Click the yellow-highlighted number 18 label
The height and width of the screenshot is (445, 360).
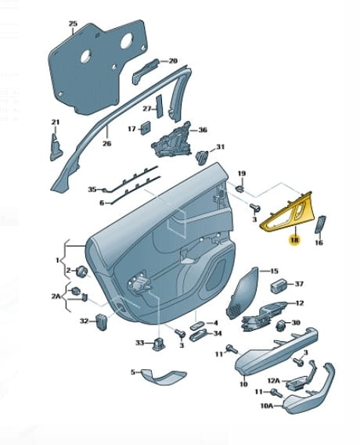coord(294,240)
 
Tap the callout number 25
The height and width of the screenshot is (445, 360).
coord(73,23)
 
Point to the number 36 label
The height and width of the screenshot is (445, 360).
coord(203,130)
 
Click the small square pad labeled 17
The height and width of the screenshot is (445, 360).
coord(146,128)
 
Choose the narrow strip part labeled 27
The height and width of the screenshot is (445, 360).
coord(160,106)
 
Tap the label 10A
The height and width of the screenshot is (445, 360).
coord(267,406)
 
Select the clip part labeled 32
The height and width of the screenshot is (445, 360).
coord(102,322)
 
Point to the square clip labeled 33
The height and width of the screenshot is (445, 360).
coord(157,344)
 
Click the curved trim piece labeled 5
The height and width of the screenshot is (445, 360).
coord(164,377)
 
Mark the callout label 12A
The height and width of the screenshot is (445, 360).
coord(274,380)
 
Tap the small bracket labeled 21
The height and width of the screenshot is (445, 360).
coord(56,147)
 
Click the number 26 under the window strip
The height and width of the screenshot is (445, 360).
coord(106,144)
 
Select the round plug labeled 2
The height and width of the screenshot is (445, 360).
coord(82,271)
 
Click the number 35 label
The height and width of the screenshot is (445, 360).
coord(92,189)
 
